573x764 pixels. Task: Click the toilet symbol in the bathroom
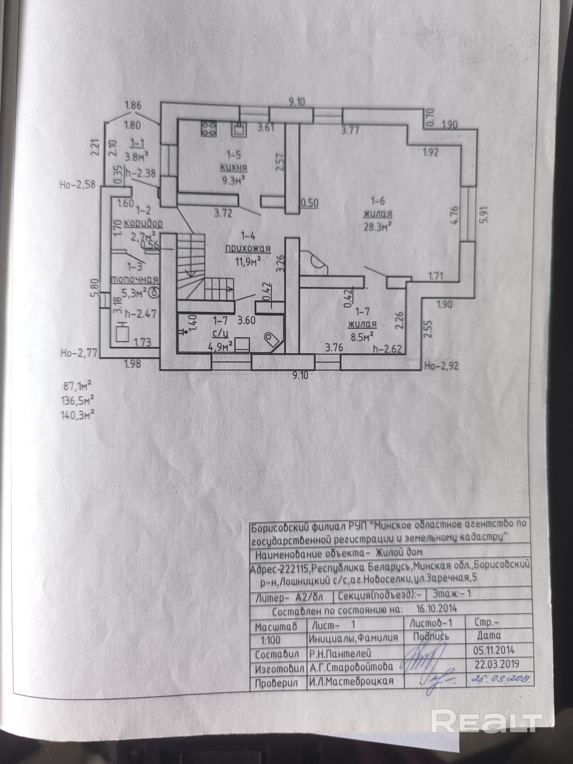coord(271,338)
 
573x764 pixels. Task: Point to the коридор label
coord(143,223)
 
